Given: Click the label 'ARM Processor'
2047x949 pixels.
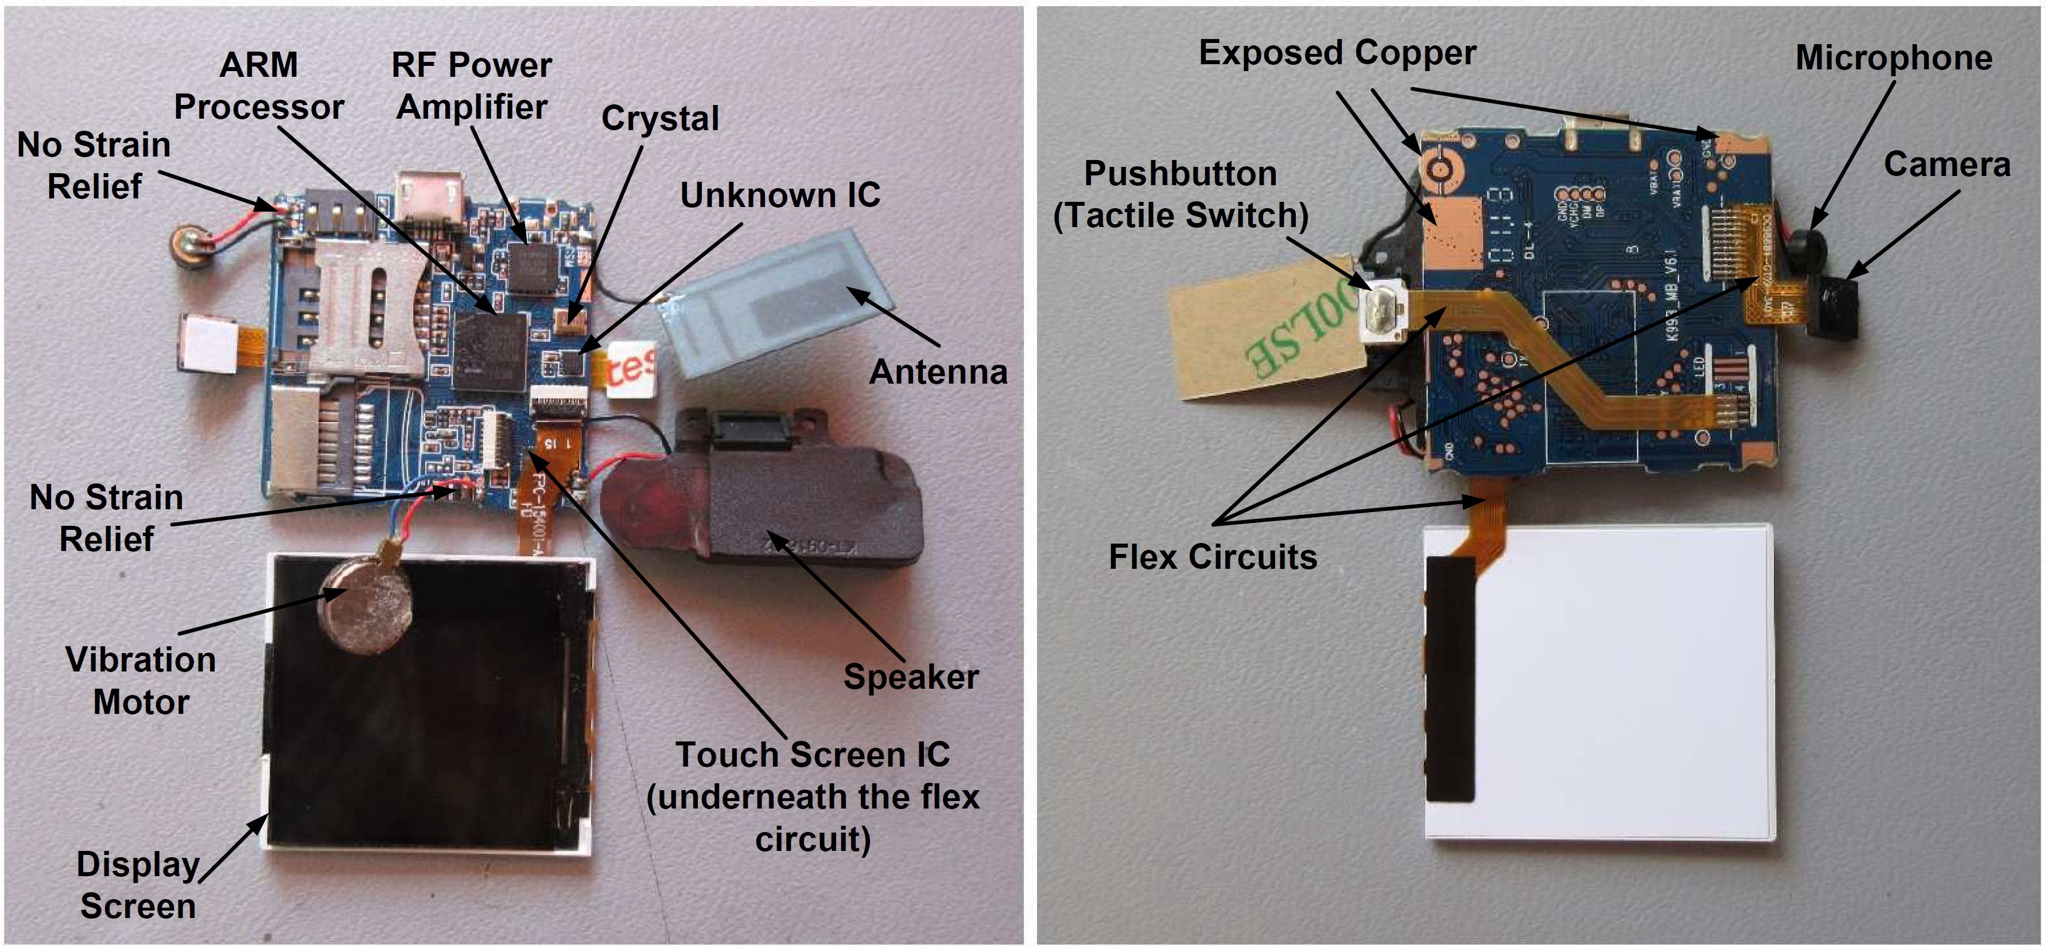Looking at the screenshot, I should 258,86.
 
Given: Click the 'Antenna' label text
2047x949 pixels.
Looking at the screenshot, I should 938,372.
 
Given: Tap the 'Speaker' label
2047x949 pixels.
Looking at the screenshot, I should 911,677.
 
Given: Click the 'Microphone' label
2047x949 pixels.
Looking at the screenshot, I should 1894,58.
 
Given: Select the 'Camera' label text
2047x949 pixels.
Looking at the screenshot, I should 1947,165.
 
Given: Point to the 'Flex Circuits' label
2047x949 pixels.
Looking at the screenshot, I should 1213,557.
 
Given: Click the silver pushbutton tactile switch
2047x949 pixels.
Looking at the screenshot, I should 1382,314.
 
